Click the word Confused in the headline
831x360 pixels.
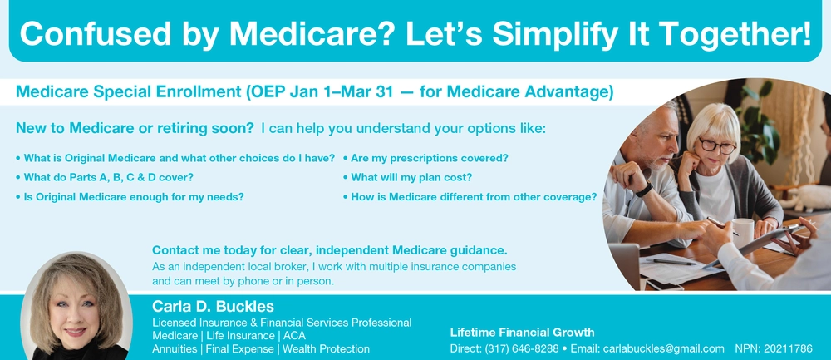pyautogui.click(x=96, y=33)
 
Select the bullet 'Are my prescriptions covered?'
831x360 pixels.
pyautogui.click(x=426, y=159)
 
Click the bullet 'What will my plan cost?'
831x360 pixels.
pyautogui.click(x=407, y=178)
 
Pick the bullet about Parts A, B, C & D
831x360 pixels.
pyautogui.click(x=105, y=178)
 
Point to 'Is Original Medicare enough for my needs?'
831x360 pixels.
pyautogui.click(x=130, y=197)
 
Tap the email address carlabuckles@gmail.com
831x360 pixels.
pyautogui.click(x=663, y=349)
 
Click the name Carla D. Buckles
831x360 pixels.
pyautogui.click(x=213, y=307)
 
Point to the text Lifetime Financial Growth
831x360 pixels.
pyautogui.click(x=522, y=333)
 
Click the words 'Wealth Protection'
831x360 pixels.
pyautogui.click(x=326, y=349)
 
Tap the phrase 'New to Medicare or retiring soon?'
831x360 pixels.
pyautogui.click(x=135, y=128)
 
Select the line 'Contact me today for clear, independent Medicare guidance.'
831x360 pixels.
pyautogui.click(x=330, y=250)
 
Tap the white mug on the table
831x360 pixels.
pyautogui.click(x=743, y=233)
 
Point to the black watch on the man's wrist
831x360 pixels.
pyautogui.click(x=645, y=190)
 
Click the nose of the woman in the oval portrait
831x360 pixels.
pyautogui.click(x=76, y=320)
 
